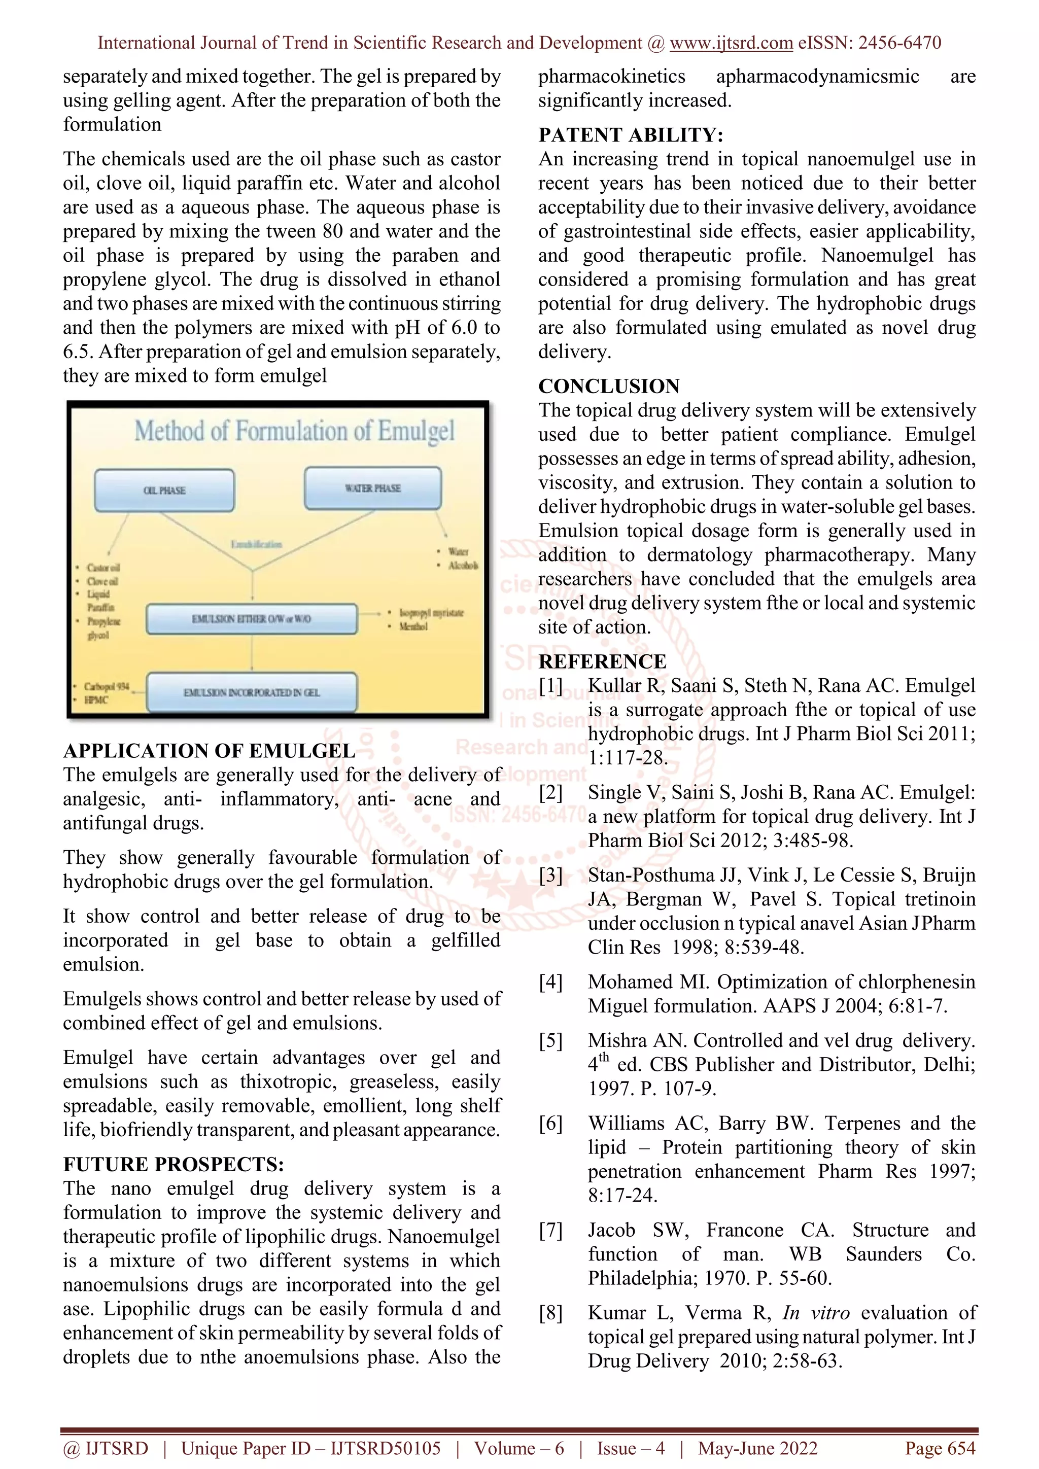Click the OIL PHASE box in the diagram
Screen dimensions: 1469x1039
click(x=164, y=490)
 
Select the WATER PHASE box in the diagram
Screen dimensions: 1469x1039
click(x=373, y=488)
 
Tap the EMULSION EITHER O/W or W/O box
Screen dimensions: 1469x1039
click(x=252, y=619)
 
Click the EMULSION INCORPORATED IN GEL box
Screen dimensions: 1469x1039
click(x=252, y=692)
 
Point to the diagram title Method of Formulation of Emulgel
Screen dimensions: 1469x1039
click(x=294, y=431)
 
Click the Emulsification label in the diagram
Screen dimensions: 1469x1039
click(x=256, y=544)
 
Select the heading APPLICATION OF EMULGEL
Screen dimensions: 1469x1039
click(x=209, y=751)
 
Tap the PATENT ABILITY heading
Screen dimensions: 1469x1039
click(x=631, y=135)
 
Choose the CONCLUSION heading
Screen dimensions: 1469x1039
click(x=609, y=386)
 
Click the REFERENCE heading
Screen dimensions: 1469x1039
click(x=602, y=661)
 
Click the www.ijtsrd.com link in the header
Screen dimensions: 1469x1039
click(x=731, y=43)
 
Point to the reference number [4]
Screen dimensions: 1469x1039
click(x=550, y=982)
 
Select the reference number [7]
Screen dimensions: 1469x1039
click(x=550, y=1230)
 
